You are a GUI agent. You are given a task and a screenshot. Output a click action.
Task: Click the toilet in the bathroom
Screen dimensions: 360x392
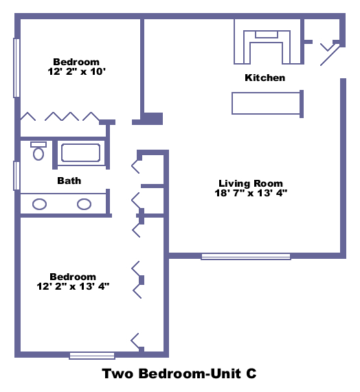(x=38, y=151)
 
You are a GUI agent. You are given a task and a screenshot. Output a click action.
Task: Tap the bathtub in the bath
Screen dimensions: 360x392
(x=81, y=153)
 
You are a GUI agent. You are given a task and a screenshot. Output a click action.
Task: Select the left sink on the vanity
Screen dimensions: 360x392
(x=40, y=205)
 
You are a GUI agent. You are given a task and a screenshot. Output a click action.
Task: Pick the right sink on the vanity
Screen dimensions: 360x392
(x=84, y=205)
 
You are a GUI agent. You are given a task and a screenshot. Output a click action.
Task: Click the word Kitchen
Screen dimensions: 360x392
(x=265, y=78)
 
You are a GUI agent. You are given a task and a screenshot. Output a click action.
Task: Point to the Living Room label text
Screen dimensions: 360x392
(x=251, y=183)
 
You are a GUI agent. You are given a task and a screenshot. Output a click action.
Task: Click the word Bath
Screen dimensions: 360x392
(x=69, y=181)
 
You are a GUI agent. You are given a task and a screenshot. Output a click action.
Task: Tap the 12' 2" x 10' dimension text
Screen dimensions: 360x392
(x=76, y=72)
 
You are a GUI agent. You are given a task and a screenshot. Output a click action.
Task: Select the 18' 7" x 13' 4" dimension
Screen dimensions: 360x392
(x=251, y=193)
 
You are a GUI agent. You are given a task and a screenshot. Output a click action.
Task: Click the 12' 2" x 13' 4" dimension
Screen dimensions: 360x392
(x=73, y=286)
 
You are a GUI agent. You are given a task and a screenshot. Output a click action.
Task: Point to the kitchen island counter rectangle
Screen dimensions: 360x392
(x=266, y=104)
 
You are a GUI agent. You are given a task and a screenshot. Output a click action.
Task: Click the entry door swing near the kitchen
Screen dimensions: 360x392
(x=330, y=55)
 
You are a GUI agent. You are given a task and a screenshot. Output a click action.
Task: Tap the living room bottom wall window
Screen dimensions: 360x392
(x=246, y=257)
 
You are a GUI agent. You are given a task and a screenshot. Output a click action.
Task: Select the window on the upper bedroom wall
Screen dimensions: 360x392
(x=16, y=68)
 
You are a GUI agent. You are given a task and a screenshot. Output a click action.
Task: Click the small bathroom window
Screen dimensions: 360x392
(x=16, y=176)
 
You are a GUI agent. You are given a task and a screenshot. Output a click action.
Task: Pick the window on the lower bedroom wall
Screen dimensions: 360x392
(x=92, y=356)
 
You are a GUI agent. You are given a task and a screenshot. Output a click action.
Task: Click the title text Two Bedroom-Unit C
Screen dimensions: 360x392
(x=179, y=373)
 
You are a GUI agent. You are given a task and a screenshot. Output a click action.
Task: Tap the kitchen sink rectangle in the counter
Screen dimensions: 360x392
(x=267, y=34)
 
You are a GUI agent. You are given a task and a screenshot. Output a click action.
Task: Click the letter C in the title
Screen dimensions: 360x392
(x=251, y=373)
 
